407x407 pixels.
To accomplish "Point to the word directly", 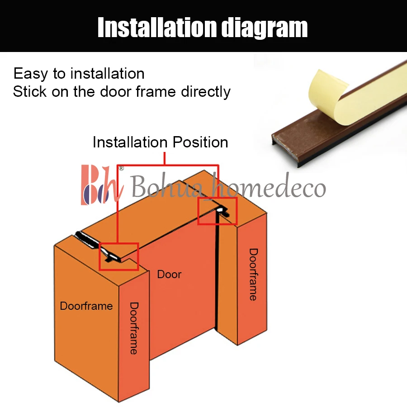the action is [x=206, y=92].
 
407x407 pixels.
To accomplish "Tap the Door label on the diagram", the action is [x=169, y=274].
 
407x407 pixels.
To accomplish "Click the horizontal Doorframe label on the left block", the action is [x=86, y=306].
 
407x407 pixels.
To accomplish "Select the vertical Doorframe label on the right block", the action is [x=253, y=274].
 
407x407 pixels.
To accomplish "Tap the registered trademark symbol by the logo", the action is [x=121, y=168].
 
